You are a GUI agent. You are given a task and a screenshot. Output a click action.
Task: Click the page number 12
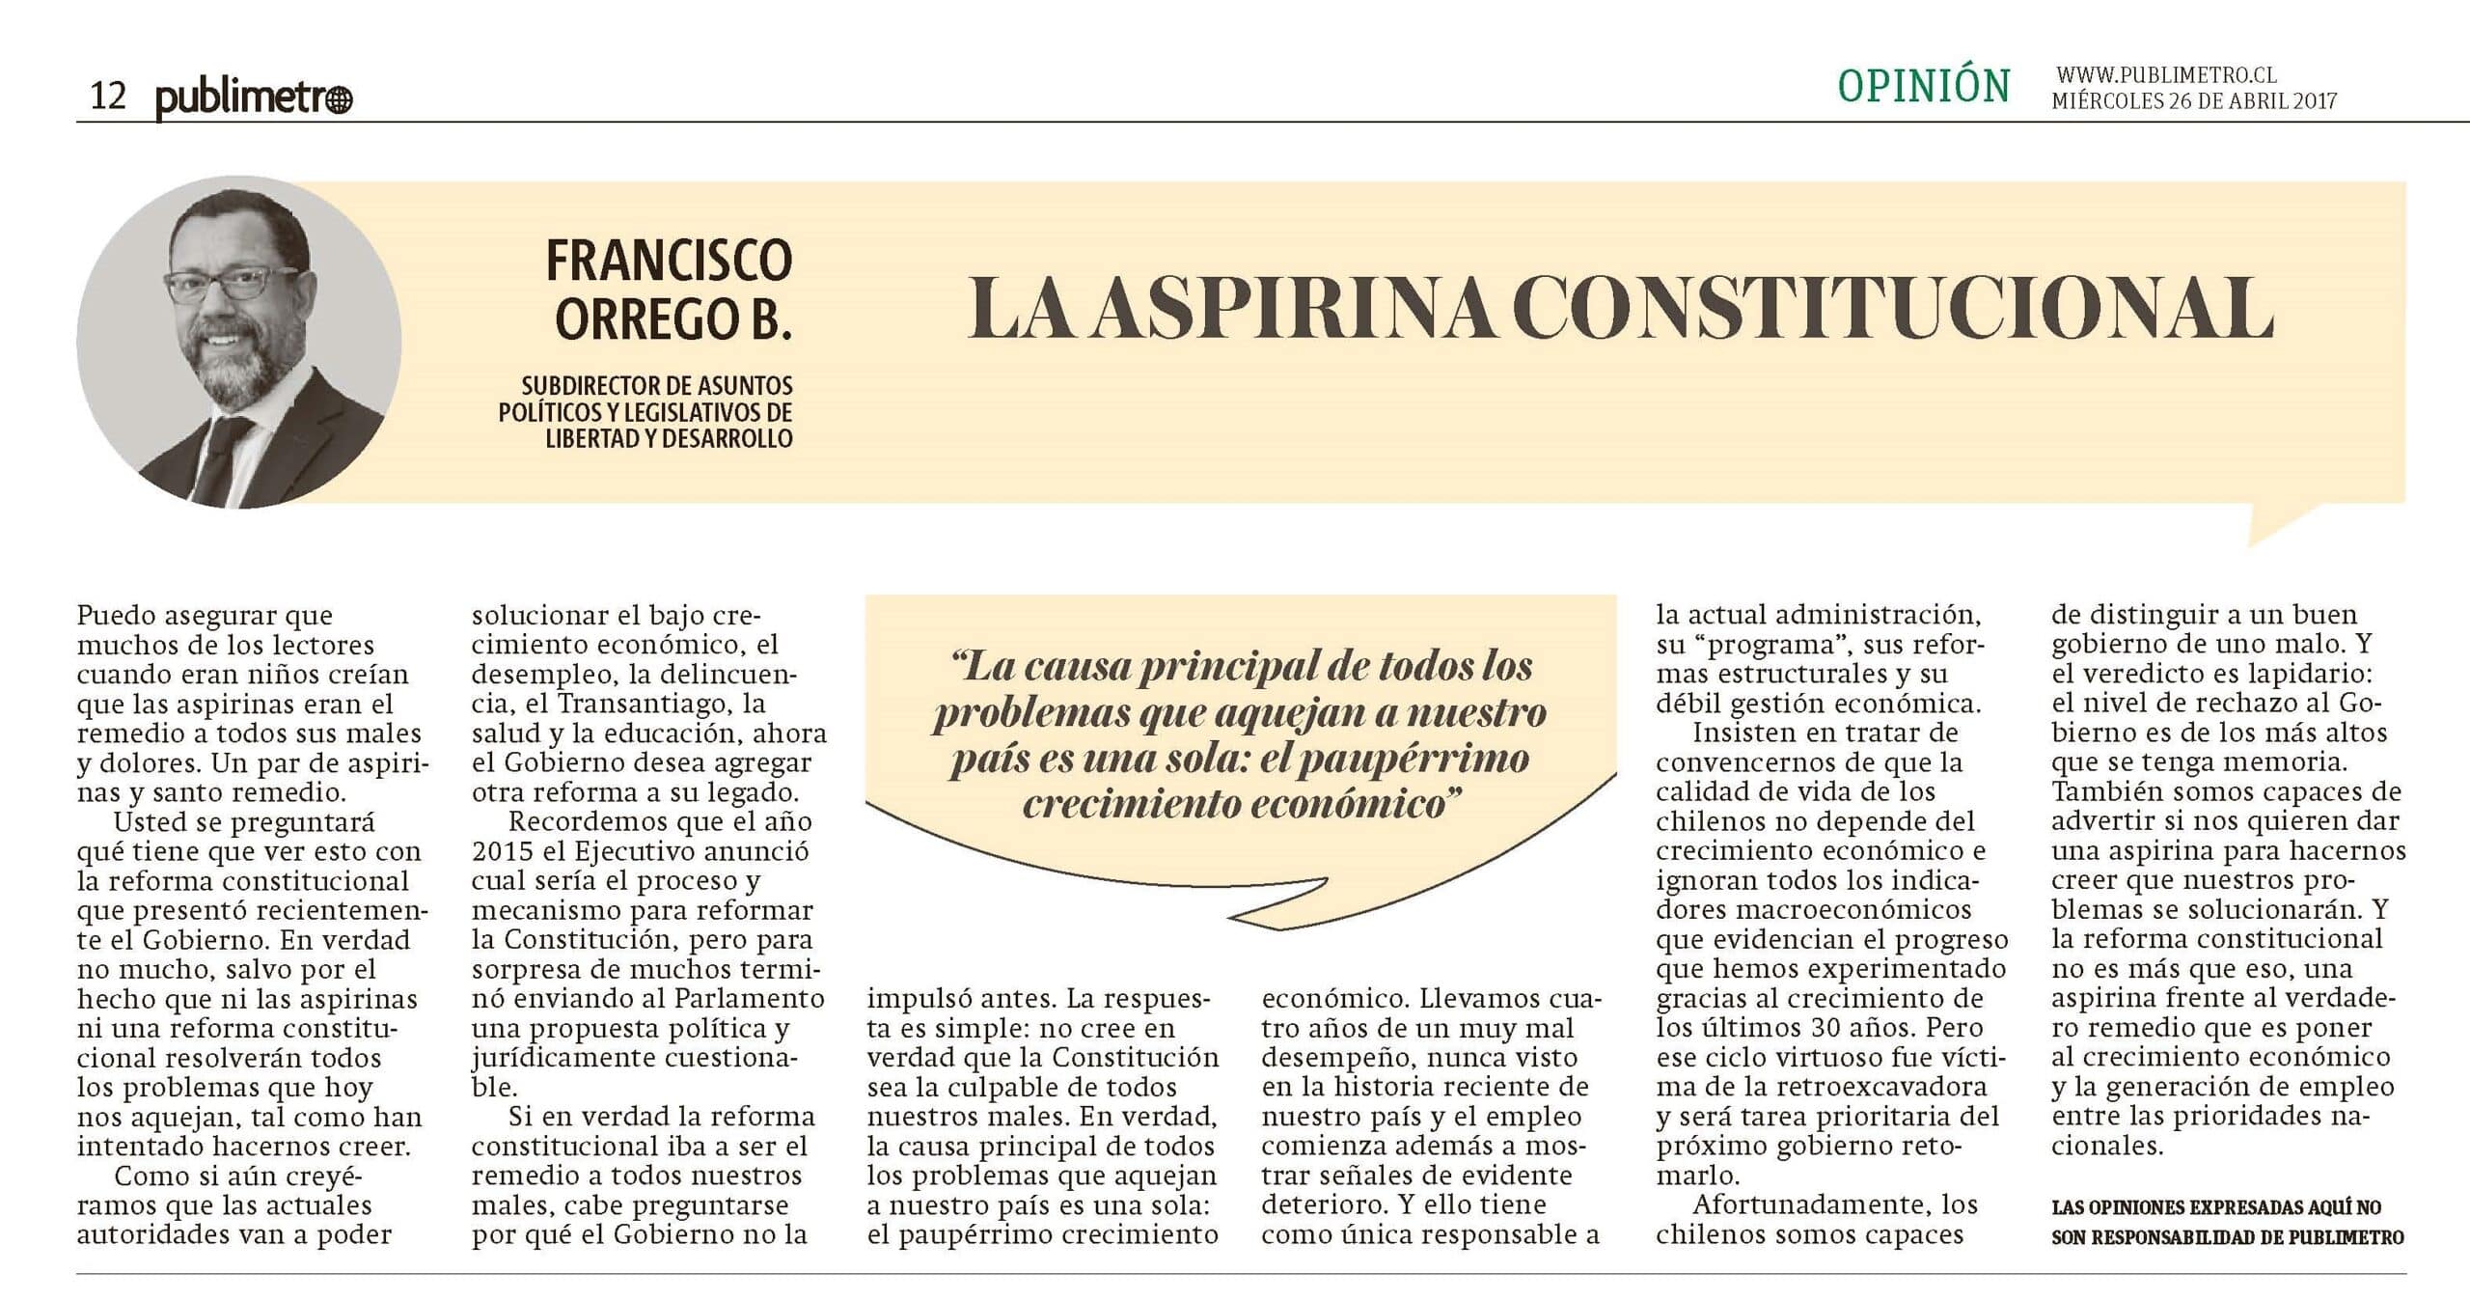[x=108, y=97]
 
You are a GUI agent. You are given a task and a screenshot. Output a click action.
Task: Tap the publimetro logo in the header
[x=254, y=98]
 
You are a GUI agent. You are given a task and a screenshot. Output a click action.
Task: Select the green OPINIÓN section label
[x=1923, y=87]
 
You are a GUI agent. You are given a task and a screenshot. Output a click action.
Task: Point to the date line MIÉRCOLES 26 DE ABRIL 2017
[x=2193, y=101]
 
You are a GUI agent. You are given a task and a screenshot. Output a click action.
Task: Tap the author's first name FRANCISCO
[x=669, y=260]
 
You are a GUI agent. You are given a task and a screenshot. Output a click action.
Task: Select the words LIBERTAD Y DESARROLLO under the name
[x=669, y=439]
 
